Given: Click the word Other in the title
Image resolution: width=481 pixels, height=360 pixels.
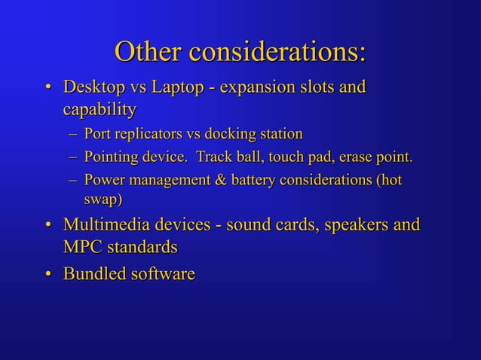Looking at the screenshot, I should pos(148,52).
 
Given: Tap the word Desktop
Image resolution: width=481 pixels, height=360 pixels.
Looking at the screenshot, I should pos(95,87).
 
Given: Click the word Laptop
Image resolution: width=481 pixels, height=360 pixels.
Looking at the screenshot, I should pos(178,87).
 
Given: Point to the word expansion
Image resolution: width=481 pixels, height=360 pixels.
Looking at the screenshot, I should pos(260,88).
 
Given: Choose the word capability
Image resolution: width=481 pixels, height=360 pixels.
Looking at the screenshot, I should pos(100,111).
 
